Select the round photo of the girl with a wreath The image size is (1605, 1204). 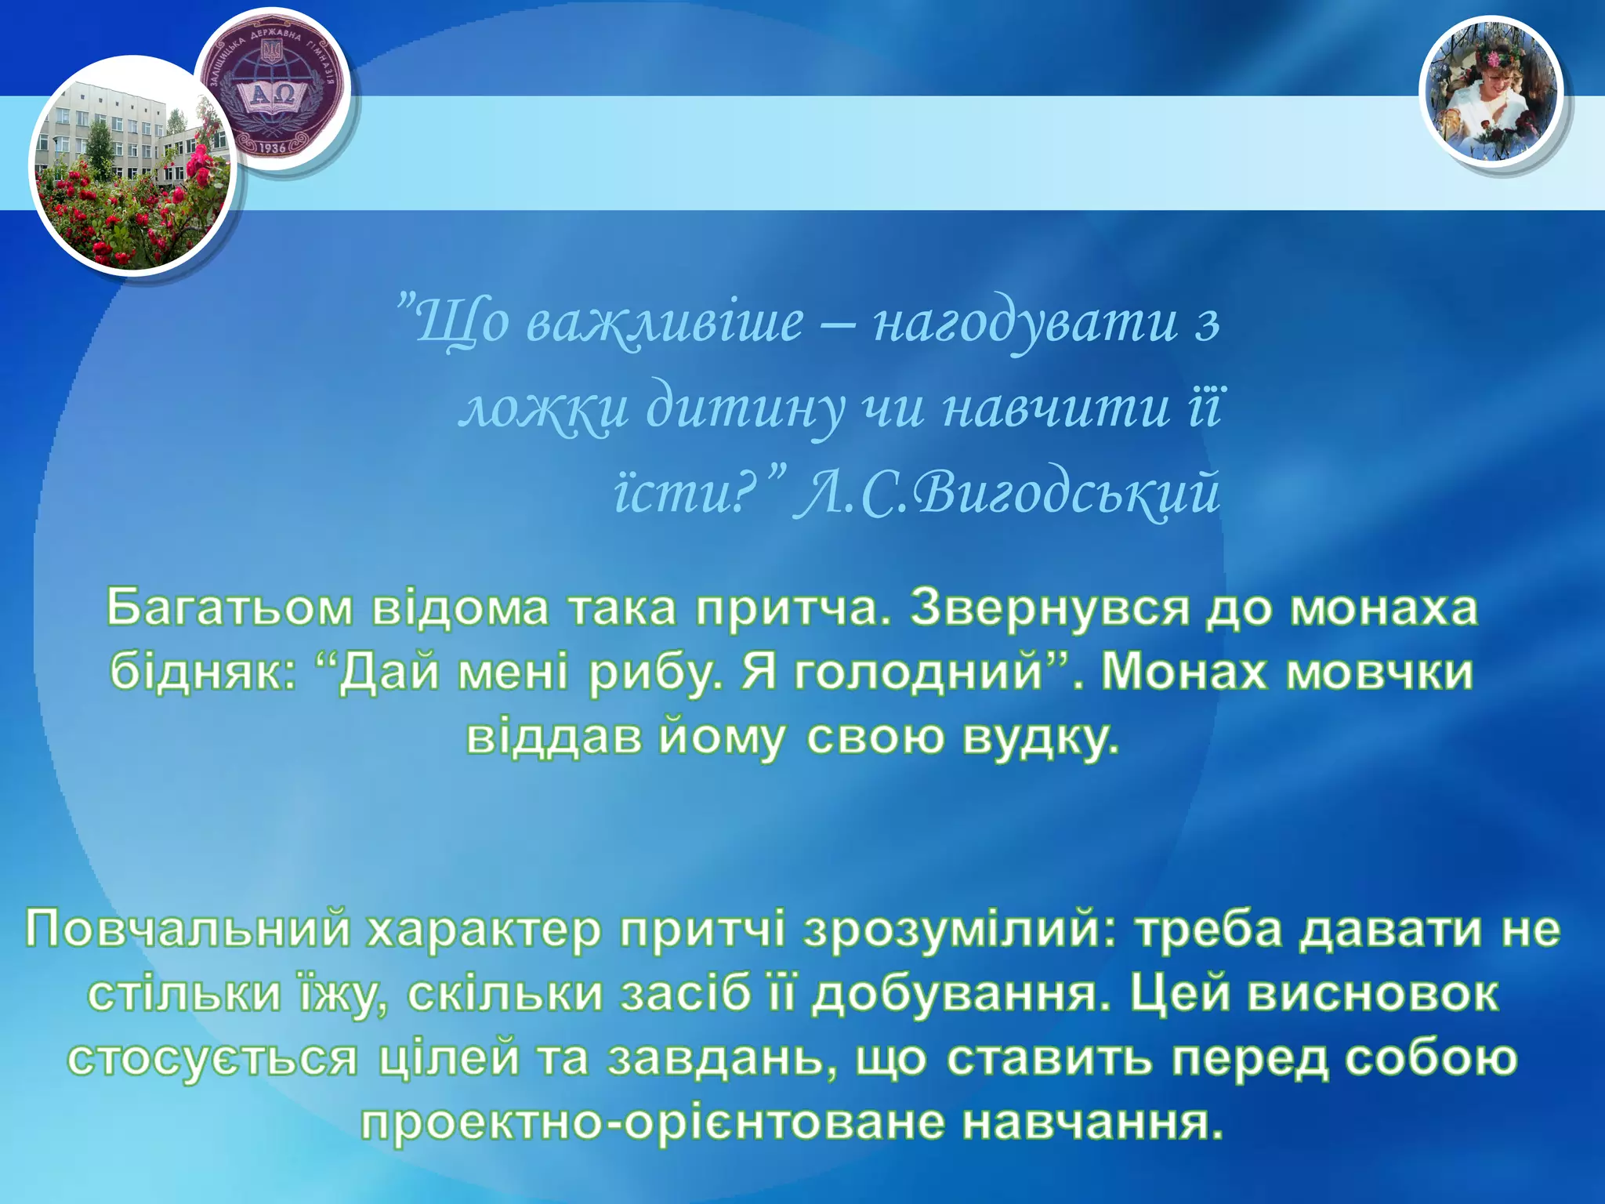point(1491,93)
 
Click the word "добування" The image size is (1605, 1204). point(961,994)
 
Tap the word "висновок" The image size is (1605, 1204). point(1371,994)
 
